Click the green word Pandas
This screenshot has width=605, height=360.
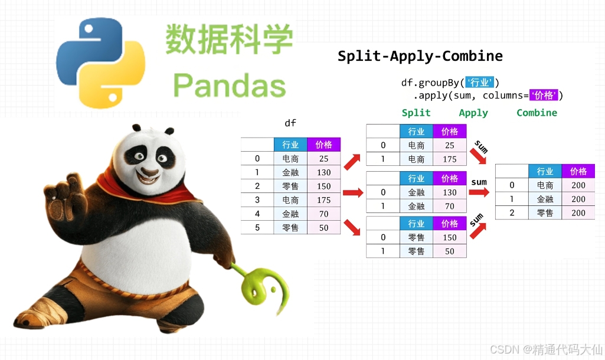230,86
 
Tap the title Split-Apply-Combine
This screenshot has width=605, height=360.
420,57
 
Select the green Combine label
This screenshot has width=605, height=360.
537,113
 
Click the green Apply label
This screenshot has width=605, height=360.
473,113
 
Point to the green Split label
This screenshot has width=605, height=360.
416,113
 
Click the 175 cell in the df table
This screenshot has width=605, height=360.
323,200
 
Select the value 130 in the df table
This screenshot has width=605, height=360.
323,172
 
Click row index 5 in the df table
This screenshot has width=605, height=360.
257,228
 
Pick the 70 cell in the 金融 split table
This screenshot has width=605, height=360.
449,206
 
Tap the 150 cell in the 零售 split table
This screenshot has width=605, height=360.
449,237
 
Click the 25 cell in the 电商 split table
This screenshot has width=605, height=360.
449,145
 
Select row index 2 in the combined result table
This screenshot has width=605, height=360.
512,213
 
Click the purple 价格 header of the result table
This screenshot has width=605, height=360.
578,171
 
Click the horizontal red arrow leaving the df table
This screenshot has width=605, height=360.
352,192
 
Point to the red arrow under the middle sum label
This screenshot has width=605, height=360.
479,192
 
